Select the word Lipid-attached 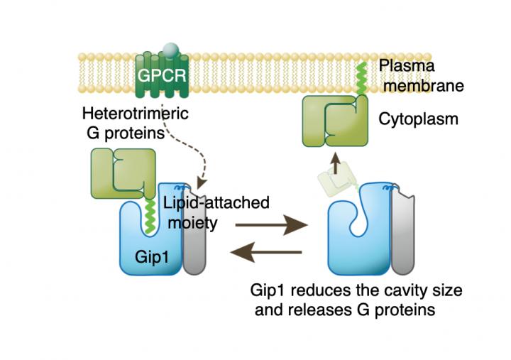[216, 202]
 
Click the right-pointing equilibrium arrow [271, 227]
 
